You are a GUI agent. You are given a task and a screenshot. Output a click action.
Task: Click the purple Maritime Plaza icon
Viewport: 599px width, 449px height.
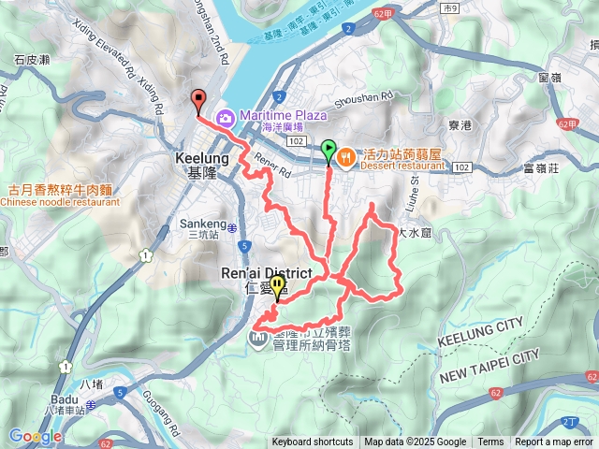tap(225, 118)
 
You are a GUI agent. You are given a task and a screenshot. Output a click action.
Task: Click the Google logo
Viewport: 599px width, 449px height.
tap(36, 436)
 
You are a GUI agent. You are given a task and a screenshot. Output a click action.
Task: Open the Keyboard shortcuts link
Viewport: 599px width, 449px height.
tap(313, 442)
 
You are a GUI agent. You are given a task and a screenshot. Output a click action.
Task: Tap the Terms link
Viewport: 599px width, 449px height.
tap(490, 442)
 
